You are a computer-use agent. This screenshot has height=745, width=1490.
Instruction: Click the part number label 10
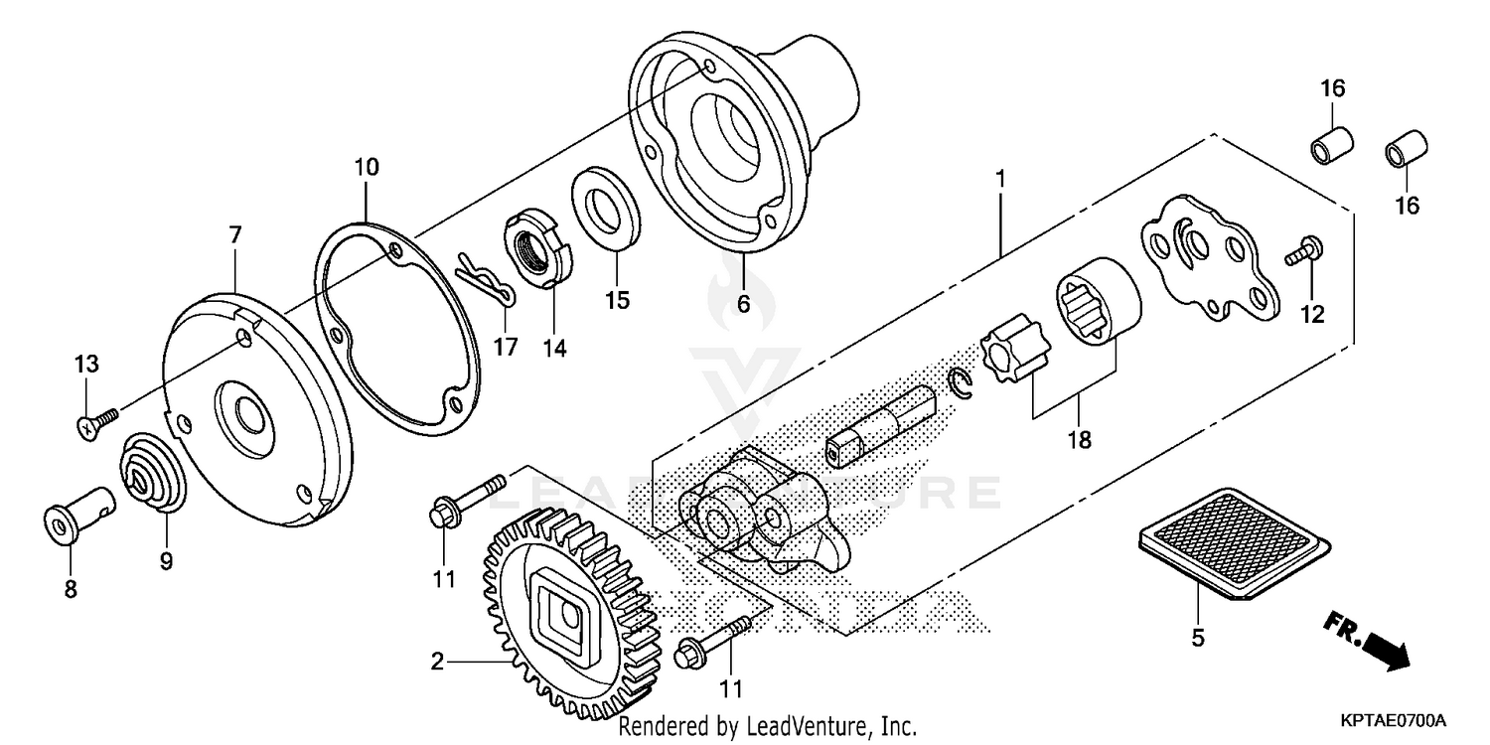point(366,167)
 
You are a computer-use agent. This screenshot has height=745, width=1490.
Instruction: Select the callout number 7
point(234,235)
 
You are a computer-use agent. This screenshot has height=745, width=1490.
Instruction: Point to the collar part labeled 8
point(77,509)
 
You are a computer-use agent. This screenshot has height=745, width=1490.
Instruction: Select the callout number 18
point(1078,439)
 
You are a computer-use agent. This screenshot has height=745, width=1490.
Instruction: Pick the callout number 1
point(1001,181)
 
